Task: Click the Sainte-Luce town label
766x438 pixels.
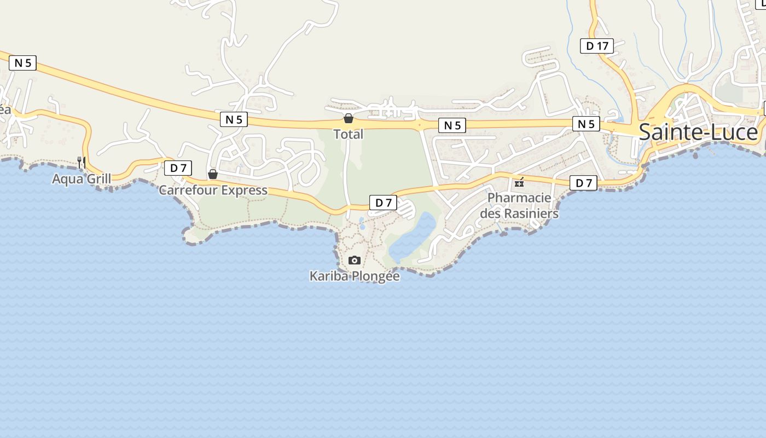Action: [698, 132]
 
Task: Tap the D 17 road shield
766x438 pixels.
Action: [597, 46]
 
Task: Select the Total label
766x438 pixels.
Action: [349, 134]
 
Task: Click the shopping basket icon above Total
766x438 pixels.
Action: [349, 118]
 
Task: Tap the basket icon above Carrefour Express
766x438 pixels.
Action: [213, 175]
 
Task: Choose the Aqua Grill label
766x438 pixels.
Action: [82, 178]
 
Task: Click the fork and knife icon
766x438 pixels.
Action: [82, 162]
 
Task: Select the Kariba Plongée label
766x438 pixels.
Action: [355, 276]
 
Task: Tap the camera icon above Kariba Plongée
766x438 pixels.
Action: [355, 260]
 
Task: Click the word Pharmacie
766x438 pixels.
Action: [519, 198]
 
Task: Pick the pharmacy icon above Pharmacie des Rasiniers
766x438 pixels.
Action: [519, 182]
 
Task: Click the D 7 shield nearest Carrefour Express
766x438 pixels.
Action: [178, 168]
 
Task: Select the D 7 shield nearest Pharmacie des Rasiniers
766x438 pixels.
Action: [583, 183]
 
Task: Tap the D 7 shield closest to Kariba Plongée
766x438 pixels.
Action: [383, 203]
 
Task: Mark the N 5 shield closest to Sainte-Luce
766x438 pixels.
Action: [586, 124]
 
